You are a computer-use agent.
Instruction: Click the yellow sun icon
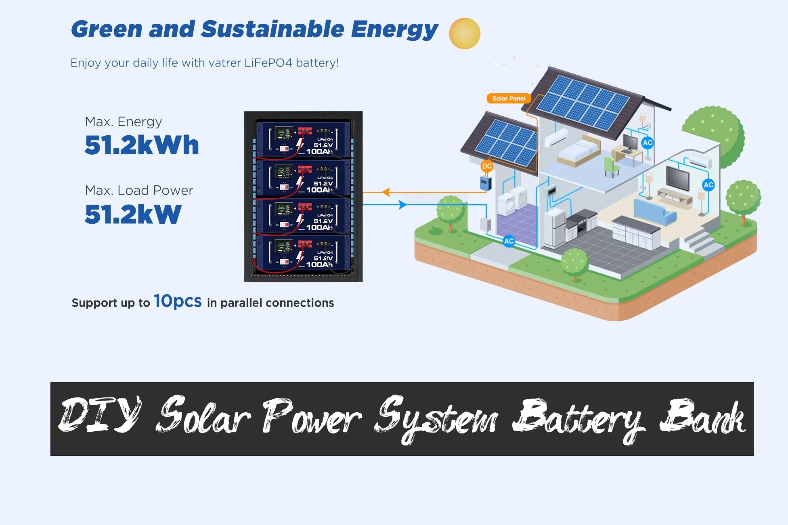[x=465, y=34]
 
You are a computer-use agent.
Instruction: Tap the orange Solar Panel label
[x=509, y=99]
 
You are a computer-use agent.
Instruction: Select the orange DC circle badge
[x=487, y=166]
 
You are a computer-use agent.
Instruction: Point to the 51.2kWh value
[x=142, y=145]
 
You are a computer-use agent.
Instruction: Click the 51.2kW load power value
[x=133, y=214]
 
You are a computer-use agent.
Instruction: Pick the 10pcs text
[x=178, y=301]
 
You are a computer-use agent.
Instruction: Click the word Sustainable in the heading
[x=272, y=29]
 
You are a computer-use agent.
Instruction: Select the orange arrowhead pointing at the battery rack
[x=386, y=192]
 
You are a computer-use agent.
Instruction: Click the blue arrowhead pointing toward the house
[x=402, y=205]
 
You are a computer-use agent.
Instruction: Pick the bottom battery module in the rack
[x=303, y=253]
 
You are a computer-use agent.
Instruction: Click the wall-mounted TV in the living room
[x=678, y=178]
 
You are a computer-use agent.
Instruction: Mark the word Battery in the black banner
[x=578, y=420]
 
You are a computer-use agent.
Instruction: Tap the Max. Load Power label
[x=139, y=190]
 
